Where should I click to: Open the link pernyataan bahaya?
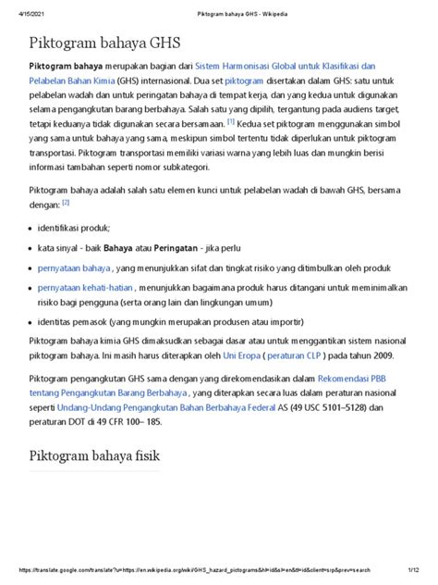74,267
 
